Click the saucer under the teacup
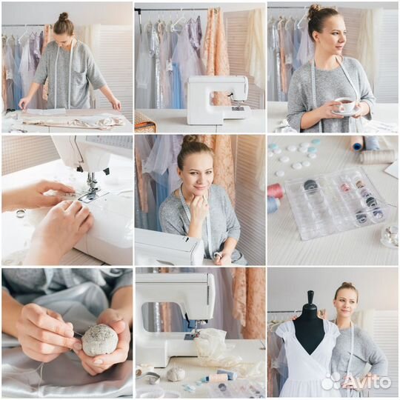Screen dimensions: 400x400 (x=346, y=113)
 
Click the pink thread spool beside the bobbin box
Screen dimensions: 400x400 (x=275, y=190)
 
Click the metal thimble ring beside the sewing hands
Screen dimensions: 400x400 (x=20, y=213)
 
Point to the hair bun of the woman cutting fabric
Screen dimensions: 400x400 (x=64, y=16)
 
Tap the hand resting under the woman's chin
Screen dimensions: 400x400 (x=198, y=209)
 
